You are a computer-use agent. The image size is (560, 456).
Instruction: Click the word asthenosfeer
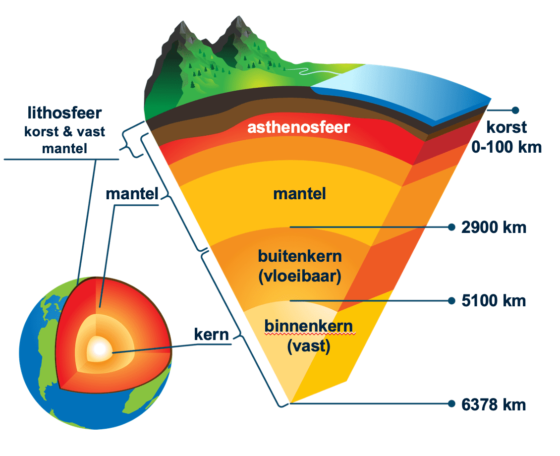click(x=299, y=127)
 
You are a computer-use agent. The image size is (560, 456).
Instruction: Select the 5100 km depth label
click(x=493, y=301)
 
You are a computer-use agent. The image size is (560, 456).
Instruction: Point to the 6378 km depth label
click(x=493, y=404)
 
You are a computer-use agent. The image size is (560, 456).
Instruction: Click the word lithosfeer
click(x=65, y=113)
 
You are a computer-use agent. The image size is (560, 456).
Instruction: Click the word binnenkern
click(x=308, y=327)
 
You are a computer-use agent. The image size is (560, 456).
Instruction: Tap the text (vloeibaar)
click(x=300, y=276)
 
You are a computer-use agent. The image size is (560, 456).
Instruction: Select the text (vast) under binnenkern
click(x=308, y=346)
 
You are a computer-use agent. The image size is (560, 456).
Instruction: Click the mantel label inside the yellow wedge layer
click(x=300, y=194)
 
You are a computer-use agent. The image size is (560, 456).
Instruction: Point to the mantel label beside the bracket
click(x=131, y=194)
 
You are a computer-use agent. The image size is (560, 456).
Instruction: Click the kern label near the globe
click(x=211, y=335)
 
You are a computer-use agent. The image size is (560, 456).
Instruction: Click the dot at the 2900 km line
click(x=451, y=228)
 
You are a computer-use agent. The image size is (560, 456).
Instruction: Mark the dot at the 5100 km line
click(x=451, y=301)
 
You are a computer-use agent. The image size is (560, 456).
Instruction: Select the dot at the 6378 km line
click(x=451, y=404)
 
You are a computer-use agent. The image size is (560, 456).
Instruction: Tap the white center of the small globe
click(x=99, y=350)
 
